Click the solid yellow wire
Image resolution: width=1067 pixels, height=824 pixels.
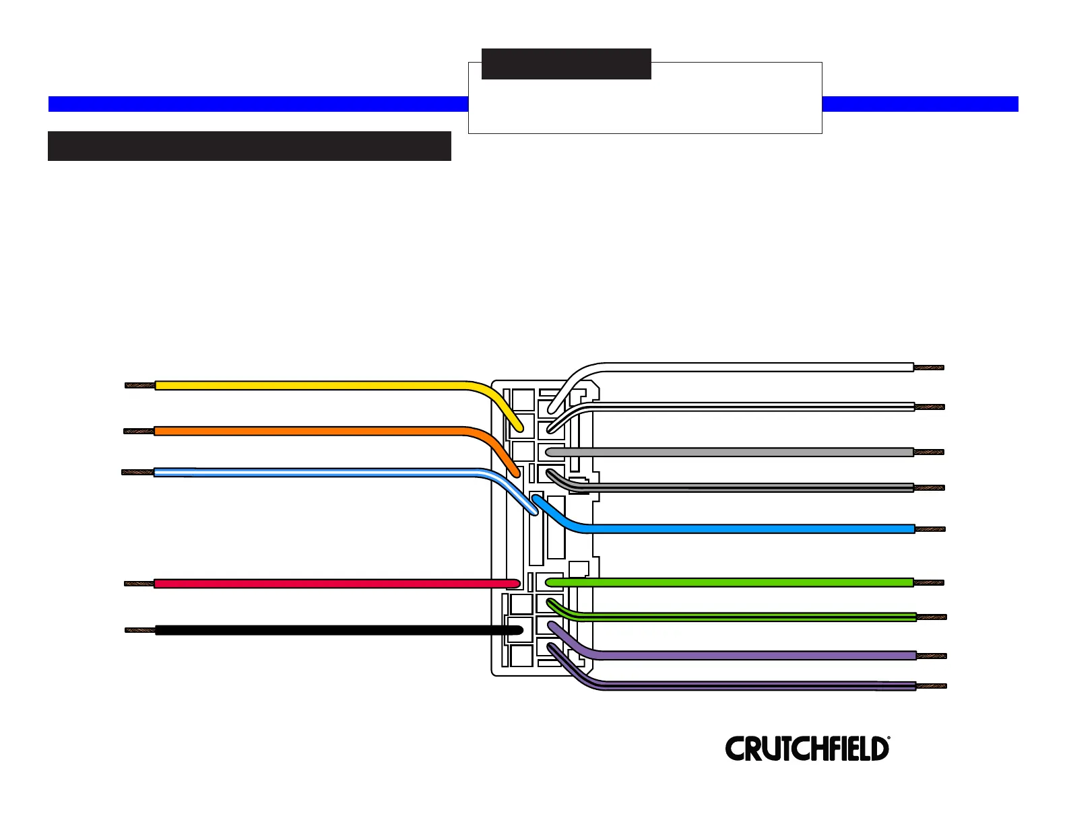tap(310, 386)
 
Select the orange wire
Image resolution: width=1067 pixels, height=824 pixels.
tap(310, 431)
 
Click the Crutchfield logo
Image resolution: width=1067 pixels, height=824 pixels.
tap(807, 749)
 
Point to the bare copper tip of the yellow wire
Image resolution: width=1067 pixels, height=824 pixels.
tap(140, 386)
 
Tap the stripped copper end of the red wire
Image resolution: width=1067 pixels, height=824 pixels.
tap(139, 584)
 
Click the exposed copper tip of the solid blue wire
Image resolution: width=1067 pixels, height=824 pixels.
tap(930, 529)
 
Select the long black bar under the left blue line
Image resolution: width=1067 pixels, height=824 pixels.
tap(249, 146)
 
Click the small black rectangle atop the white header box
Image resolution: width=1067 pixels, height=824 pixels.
tap(567, 64)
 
